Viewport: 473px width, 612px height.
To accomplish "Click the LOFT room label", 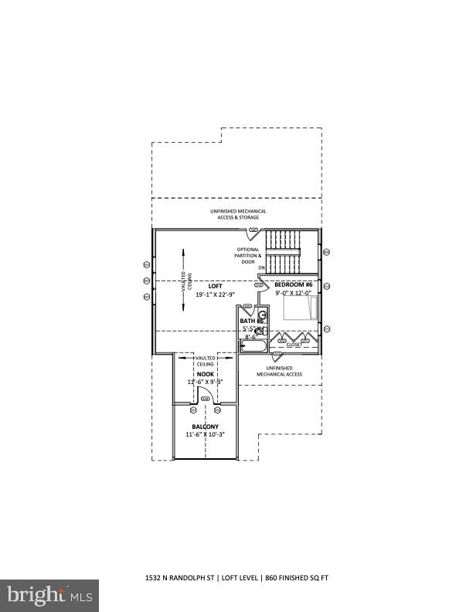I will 204,286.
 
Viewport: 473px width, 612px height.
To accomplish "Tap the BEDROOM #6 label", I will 293,284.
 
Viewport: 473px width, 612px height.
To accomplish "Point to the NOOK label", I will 205,374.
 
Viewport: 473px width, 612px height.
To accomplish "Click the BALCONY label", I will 205,427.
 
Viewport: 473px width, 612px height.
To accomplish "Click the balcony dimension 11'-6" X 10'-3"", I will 205,435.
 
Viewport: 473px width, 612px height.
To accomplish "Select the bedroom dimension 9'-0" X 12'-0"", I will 293,293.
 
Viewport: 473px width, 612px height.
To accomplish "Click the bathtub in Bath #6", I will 253,345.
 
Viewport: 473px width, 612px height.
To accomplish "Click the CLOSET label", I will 294,345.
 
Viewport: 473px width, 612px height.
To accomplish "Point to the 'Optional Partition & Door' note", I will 248,256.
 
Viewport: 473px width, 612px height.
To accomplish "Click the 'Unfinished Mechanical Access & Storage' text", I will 238,214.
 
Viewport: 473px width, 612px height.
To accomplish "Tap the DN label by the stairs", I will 260,268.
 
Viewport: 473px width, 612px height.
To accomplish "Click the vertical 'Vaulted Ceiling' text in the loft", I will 184,282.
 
